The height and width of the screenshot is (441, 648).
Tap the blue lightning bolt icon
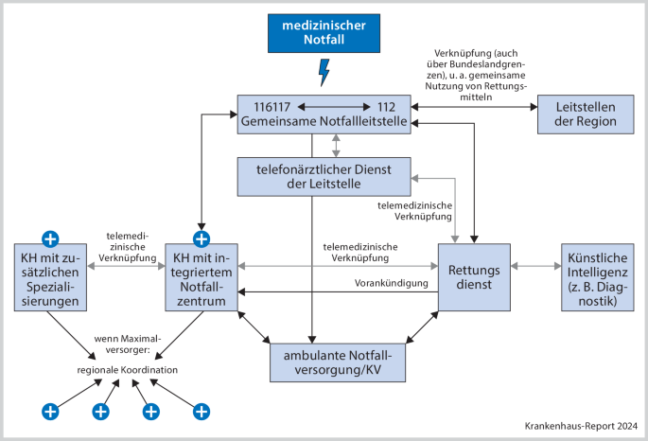[x=324, y=71]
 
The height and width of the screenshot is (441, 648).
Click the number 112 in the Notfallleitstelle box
[x=385, y=105]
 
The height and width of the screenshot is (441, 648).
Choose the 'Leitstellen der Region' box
[x=578, y=114]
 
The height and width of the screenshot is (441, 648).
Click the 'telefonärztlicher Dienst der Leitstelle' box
[x=324, y=176]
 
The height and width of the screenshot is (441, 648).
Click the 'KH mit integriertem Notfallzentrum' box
[x=201, y=278]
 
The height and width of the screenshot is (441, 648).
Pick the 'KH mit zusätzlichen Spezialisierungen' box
[x=49, y=278]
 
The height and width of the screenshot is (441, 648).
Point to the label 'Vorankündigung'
[x=392, y=282]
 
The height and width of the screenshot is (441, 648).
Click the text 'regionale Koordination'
[x=127, y=369]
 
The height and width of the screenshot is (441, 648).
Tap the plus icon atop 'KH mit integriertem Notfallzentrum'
[x=201, y=237]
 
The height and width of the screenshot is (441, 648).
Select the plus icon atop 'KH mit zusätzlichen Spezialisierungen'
[x=49, y=237]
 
